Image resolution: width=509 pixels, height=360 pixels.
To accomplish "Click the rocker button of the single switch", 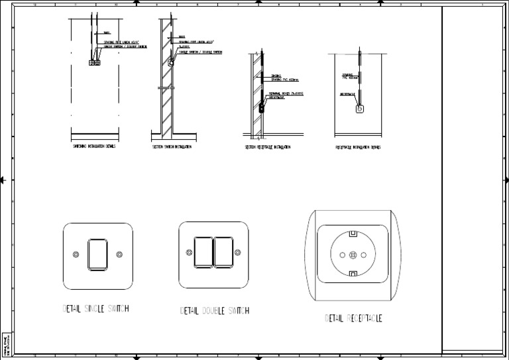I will click(x=97, y=254).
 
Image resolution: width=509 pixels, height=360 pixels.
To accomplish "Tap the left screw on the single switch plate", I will click(x=76, y=255).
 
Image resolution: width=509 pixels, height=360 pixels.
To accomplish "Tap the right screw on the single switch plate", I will click(x=119, y=255).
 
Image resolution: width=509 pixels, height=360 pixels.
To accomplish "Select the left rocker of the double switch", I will click(x=203, y=253).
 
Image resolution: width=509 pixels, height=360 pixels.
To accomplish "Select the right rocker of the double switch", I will click(x=223, y=253).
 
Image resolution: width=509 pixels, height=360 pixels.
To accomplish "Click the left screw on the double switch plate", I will click(x=188, y=253).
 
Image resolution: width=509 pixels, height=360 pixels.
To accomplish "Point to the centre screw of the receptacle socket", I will click(x=353, y=255).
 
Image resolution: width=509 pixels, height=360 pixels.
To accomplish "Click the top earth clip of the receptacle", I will click(x=353, y=233).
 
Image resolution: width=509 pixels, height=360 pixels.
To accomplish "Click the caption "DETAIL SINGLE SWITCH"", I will click(x=95, y=309).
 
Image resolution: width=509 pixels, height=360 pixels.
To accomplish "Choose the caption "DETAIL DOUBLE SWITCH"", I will click(x=215, y=310).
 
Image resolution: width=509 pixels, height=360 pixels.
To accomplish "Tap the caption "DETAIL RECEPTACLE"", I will click(x=353, y=318).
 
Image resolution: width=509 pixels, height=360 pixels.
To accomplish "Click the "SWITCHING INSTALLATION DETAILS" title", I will click(x=93, y=146).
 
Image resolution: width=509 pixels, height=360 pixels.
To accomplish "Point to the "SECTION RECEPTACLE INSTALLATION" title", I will click(x=269, y=147).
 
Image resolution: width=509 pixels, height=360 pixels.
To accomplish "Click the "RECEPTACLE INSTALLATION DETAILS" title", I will click(x=358, y=147).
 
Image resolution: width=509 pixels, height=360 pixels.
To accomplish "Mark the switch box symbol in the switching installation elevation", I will click(x=93, y=63).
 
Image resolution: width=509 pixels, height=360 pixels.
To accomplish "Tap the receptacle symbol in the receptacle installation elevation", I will click(x=361, y=109).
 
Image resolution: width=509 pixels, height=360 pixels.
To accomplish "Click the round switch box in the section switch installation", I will click(x=170, y=64).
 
